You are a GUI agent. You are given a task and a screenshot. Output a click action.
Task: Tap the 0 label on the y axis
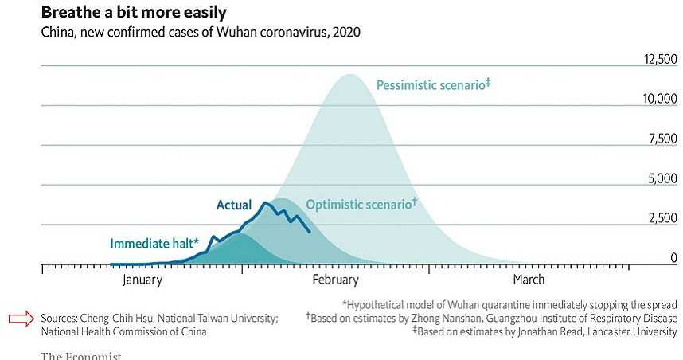pos(673,258)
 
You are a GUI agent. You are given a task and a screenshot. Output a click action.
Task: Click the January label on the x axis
pos(142,280)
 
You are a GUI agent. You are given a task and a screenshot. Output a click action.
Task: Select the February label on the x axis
pos(335,280)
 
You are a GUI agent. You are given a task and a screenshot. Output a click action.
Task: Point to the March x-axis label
pos(529,280)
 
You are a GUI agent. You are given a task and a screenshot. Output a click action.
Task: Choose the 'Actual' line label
pos(234,205)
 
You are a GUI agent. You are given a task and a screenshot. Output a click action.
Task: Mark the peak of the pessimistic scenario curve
pos(349,75)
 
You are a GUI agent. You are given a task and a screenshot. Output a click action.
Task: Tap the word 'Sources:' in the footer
pos(60,319)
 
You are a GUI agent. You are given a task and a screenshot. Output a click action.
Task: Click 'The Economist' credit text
pos(81,355)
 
